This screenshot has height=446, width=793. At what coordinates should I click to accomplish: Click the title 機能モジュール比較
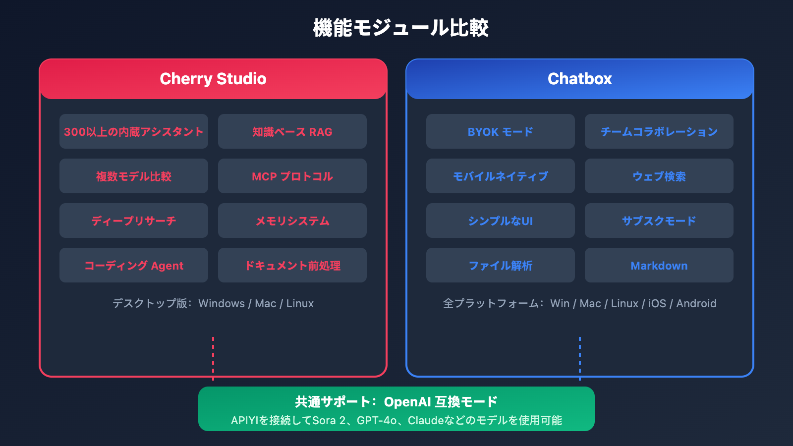[400, 28]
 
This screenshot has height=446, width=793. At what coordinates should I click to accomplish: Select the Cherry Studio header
[213, 79]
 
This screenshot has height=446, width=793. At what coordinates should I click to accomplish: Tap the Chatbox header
[580, 79]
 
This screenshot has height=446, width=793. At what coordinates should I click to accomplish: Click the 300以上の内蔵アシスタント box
[134, 131]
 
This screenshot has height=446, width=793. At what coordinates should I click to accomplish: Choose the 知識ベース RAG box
[292, 131]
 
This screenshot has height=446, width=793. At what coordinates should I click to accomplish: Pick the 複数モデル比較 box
[134, 176]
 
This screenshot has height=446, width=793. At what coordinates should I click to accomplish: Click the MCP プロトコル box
[292, 176]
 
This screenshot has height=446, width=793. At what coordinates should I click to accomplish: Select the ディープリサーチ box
[134, 221]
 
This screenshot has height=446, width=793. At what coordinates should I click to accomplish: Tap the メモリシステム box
[292, 221]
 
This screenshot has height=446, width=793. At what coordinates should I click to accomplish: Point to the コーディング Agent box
[134, 265]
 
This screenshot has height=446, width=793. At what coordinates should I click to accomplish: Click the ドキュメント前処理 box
[292, 265]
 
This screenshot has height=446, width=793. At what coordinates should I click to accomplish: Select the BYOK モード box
[501, 131]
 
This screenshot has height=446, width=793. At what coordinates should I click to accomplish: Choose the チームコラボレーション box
[659, 131]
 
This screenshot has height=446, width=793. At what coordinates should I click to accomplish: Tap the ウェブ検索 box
[659, 176]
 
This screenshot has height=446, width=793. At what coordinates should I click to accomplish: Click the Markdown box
[659, 265]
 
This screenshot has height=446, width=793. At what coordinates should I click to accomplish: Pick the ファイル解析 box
[501, 265]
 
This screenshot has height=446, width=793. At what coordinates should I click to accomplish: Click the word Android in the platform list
[696, 303]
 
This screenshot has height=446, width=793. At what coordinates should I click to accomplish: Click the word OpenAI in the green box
[407, 402]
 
